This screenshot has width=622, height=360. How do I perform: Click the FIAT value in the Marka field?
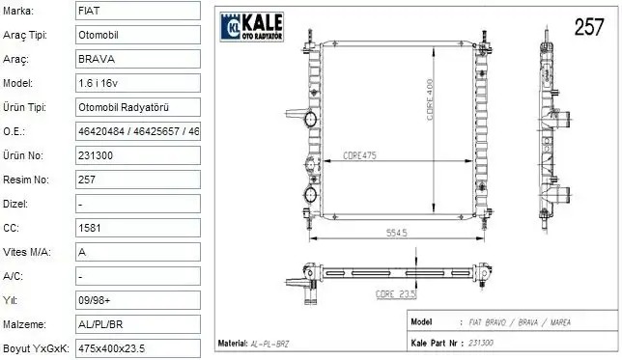[x=88, y=12]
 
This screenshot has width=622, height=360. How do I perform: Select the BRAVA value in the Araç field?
[x=95, y=59]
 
